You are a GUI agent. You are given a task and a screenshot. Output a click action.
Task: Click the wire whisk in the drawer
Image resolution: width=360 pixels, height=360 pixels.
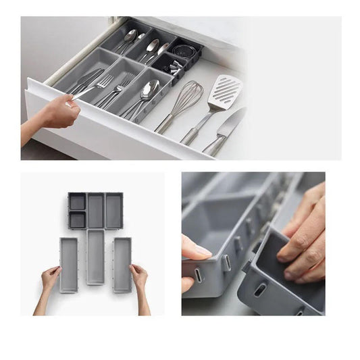coord(184,98)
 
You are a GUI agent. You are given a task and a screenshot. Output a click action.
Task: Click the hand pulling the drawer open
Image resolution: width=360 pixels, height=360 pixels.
coord(57,111)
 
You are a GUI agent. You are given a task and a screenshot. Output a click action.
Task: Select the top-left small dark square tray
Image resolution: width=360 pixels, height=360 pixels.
coord(76,201)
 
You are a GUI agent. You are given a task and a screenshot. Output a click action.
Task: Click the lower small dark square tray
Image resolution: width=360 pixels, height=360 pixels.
coord(76,220)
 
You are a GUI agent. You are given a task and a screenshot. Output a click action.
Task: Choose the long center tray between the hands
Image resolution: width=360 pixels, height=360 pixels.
coord(95,257)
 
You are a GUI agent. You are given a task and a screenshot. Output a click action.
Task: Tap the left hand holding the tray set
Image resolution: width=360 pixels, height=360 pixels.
coord(49,277)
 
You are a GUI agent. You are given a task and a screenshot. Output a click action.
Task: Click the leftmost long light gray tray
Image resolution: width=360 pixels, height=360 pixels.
coord(69,263)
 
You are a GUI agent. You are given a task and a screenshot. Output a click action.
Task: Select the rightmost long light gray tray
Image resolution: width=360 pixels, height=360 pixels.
coord(122,263)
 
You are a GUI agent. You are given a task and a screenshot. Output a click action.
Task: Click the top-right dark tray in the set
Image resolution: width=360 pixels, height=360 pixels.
coord(113,211)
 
